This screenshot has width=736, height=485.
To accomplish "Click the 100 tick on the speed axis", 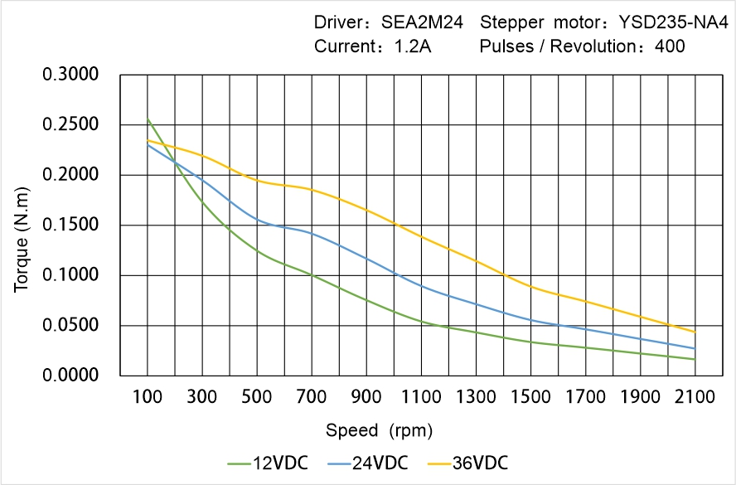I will coord(148,397).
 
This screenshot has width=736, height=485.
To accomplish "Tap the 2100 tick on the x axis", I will coord(695,397).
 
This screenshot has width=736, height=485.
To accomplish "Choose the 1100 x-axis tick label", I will coord(421,397).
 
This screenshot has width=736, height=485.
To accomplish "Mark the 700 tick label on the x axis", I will coord(312,397).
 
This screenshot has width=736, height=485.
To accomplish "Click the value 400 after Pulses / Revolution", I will coord(670,46).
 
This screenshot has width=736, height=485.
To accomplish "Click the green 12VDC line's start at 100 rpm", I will coord(148,120).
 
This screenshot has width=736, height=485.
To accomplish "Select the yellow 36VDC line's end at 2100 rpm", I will coord(695,332).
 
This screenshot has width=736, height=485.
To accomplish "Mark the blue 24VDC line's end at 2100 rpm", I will coord(695,348).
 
